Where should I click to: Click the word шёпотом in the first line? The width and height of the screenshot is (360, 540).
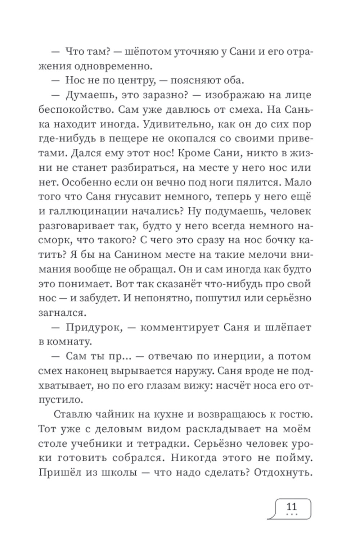[148, 51]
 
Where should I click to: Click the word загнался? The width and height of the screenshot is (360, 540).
[62, 313]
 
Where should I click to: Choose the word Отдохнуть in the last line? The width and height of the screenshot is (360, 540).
[283, 472]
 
